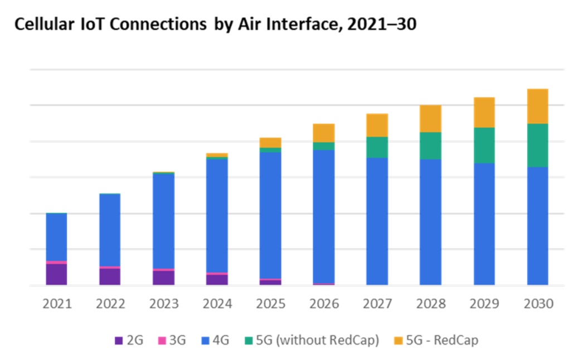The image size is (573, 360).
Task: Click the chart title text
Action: [x=215, y=25]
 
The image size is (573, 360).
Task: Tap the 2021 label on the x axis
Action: [x=57, y=304]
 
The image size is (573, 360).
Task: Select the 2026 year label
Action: [x=324, y=304]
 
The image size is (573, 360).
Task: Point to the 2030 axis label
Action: [x=538, y=304]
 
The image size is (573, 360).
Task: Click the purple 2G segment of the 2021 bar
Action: [x=56, y=274]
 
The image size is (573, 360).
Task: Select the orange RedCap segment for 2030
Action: [x=538, y=106]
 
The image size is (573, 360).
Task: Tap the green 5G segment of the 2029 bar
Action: [x=484, y=145]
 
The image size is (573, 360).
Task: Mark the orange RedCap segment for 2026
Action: [x=324, y=133]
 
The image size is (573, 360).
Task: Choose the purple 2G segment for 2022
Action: [x=110, y=276]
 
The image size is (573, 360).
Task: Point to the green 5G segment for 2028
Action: [x=431, y=146]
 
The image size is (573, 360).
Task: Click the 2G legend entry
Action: [x=128, y=340]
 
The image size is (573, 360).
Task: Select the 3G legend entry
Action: [x=172, y=340]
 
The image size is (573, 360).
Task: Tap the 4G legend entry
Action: [x=215, y=340]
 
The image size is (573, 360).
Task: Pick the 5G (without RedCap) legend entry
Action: [x=311, y=340]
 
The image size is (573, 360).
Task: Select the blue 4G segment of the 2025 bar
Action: [x=270, y=215]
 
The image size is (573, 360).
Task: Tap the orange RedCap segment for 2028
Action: [x=431, y=118]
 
